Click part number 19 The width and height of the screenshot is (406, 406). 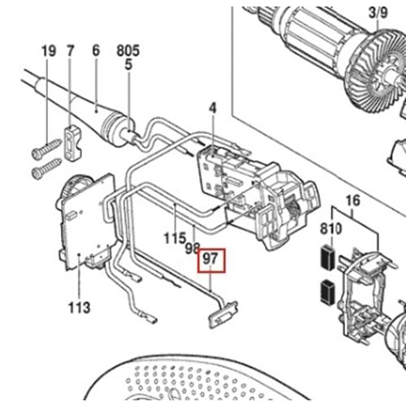[49, 51]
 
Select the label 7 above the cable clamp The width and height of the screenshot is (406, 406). [71, 51]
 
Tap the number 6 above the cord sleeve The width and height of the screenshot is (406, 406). [96, 50]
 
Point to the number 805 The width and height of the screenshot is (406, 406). [128, 50]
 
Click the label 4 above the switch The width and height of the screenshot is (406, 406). [213, 109]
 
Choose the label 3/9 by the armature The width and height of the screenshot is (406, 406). [378, 13]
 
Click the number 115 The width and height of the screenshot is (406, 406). [175, 238]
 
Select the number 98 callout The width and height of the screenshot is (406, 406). [192, 248]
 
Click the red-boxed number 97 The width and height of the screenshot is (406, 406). [210, 259]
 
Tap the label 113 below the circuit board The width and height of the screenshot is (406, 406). [79, 308]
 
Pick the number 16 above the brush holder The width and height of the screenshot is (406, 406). [353, 201]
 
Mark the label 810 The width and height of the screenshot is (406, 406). [331, 229]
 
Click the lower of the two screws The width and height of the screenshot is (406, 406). [46, 168]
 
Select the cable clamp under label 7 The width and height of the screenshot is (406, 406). [72, 143]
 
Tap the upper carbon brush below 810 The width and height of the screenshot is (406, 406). [328, 257]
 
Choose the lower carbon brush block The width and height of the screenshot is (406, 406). [328, 292]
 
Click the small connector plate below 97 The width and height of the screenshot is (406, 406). [223, 314]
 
